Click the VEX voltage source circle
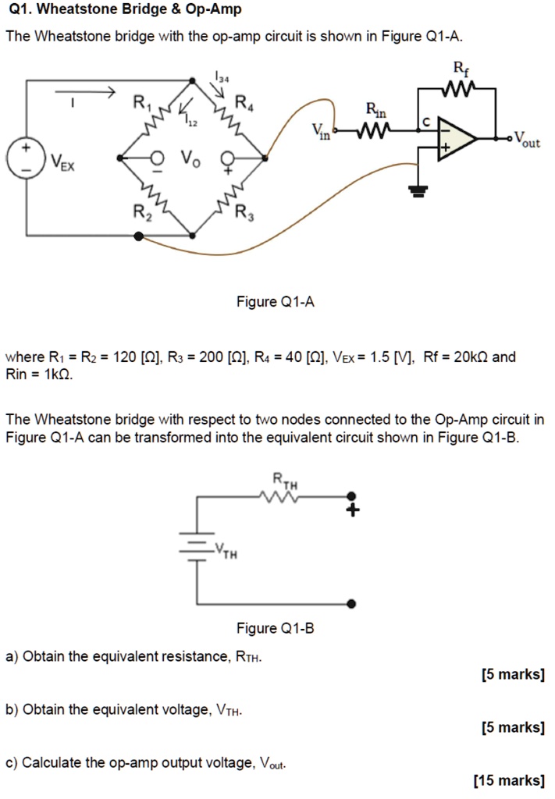[x=26, y=157]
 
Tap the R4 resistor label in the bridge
[x=244, y=101]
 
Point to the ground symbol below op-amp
[x=419, y=189]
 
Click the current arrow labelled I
[x=87, y=91]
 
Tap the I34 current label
[x=222, y=76]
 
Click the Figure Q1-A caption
[x=276, y=302]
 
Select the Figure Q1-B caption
[x=276, y=629]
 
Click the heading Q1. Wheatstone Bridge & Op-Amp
[x=123, y=10]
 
